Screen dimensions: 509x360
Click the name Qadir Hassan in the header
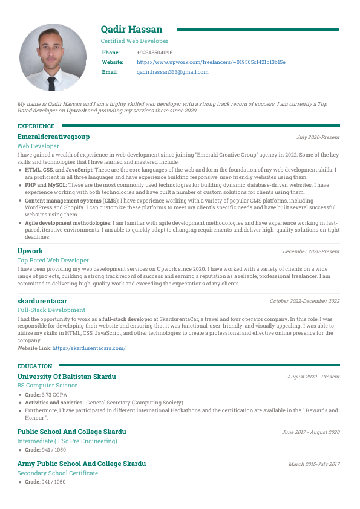[x=131, y=30]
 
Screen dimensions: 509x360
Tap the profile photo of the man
[x=53, y=57]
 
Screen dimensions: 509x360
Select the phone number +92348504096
[x=154, y=53]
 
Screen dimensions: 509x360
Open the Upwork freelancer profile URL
[x=211, y=62]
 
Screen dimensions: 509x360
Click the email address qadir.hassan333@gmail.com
[x=172, y=72]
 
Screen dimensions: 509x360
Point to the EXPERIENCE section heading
[x=36, y=126]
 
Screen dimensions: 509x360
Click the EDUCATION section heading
[x=34, y=366]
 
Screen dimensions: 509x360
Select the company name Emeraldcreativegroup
[x=53, y=137]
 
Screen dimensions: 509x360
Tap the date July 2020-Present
[x=318, y=138]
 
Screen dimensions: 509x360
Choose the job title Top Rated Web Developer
[x=53, y=260]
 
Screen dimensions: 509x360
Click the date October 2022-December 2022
[x=304, y=301]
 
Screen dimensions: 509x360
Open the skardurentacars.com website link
[x=89, y=348]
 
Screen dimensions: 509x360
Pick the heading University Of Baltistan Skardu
[x=67, y=377]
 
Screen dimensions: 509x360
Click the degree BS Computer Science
[x=47, y=386]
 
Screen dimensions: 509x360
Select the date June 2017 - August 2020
[x=310, y=432]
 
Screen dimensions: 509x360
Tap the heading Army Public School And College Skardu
[x=82, y=464]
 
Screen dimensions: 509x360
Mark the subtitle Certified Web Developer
[x=134, y=41]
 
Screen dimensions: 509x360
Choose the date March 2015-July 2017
[x=314, y=464]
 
